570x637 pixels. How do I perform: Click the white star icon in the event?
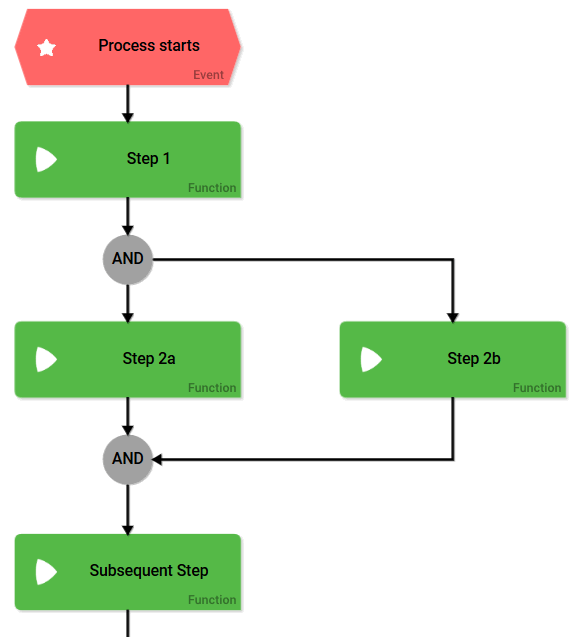pos(46,48)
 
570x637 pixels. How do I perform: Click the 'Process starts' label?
pos(149,46)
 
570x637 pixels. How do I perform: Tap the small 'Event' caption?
pos(208,75)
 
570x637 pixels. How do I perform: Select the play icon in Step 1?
pos(46,159)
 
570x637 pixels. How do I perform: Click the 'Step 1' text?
pos(148,158)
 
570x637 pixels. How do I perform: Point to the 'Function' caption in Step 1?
pos(212,188)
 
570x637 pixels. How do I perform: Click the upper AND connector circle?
pos(128,259)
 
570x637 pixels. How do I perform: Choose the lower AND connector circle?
pos(128,459)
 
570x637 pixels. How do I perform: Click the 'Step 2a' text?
pos(149,358)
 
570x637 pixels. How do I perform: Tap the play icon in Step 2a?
pos(46,359)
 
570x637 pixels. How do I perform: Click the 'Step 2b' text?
pos(474,358)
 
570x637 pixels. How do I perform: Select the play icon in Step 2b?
pos(371,359)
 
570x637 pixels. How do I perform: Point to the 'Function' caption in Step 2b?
pos(537,388)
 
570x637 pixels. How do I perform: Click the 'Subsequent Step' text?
pos(149,570)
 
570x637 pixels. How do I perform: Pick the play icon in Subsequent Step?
pos(46,572)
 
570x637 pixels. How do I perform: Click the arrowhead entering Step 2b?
pos(453,318)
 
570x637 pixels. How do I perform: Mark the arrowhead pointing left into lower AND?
pos(157,459)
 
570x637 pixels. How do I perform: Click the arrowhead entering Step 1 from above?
pos(128,117)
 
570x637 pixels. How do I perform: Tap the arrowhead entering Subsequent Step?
pos(128,530)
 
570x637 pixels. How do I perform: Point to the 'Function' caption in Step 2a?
pos(212,388)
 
